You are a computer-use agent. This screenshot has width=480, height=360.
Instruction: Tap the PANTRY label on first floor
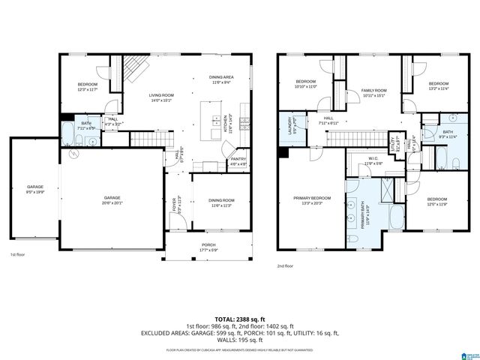(x=238, y=159)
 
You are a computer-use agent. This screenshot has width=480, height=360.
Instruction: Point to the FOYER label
(x=176, y=202)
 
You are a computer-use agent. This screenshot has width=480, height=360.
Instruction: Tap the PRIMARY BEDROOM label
(x=310, y=198)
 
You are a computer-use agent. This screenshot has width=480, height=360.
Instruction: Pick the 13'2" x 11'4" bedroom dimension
(x=439, y=88)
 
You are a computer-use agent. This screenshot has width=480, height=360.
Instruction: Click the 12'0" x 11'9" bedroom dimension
(x=437, y=204)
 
